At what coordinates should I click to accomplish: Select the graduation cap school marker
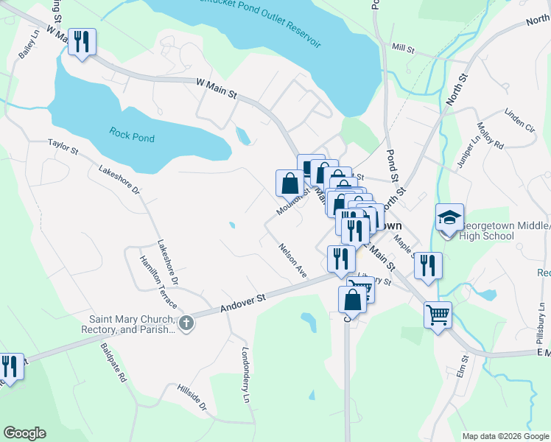pyautogui.click(x=449, y=218)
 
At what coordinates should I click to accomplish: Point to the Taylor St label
pyautogui.click(x=63, y=147)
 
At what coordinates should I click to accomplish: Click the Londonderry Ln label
pyautogui.click(x=245, y=374)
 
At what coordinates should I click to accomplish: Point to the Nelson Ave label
pyautogui.click(x=292, y=260)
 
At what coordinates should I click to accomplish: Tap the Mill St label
pyautogui.click(x=404, y=48)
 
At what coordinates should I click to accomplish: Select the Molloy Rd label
pyautogui.click(x=489, y=136)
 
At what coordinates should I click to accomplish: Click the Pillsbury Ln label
pyautogui.click(x=540, y=325)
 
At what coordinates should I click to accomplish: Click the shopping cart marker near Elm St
pyautogui.click(x=438, y=315)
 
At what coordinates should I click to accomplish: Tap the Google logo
pyautogui.click(x=24, y=433)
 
